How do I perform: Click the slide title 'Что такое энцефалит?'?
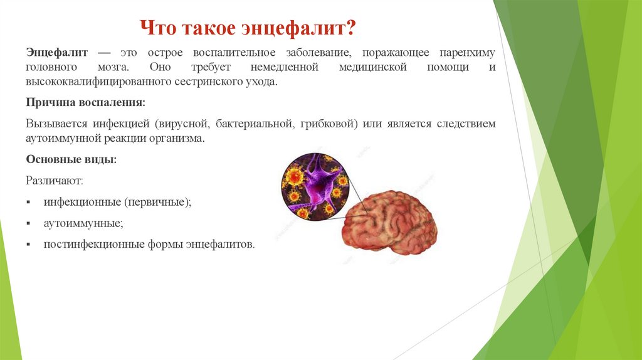tap(248, 28)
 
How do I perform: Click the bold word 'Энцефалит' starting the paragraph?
tap(56, 53)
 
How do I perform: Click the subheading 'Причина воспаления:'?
tap(85, 102)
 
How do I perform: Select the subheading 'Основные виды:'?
tap(71, 159)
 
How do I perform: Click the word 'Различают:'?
tap(54, 181)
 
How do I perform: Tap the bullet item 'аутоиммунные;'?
tap(83, 223)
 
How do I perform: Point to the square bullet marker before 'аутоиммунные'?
tap(29, 223)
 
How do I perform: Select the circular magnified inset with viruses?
tap(315, 187)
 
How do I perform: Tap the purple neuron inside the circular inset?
tap(318, 182)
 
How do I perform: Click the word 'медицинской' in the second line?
tap(374, 68)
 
